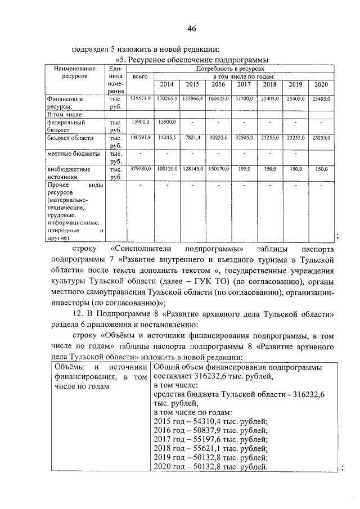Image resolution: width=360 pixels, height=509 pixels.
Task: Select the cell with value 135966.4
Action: [192, 98]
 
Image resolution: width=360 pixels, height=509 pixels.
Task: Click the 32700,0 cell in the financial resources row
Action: [244, 98]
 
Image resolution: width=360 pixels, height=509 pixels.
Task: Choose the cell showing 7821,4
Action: [192, 137]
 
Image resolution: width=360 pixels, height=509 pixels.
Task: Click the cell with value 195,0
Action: [244, 168]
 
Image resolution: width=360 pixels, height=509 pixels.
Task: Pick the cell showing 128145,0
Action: [192, 168]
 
